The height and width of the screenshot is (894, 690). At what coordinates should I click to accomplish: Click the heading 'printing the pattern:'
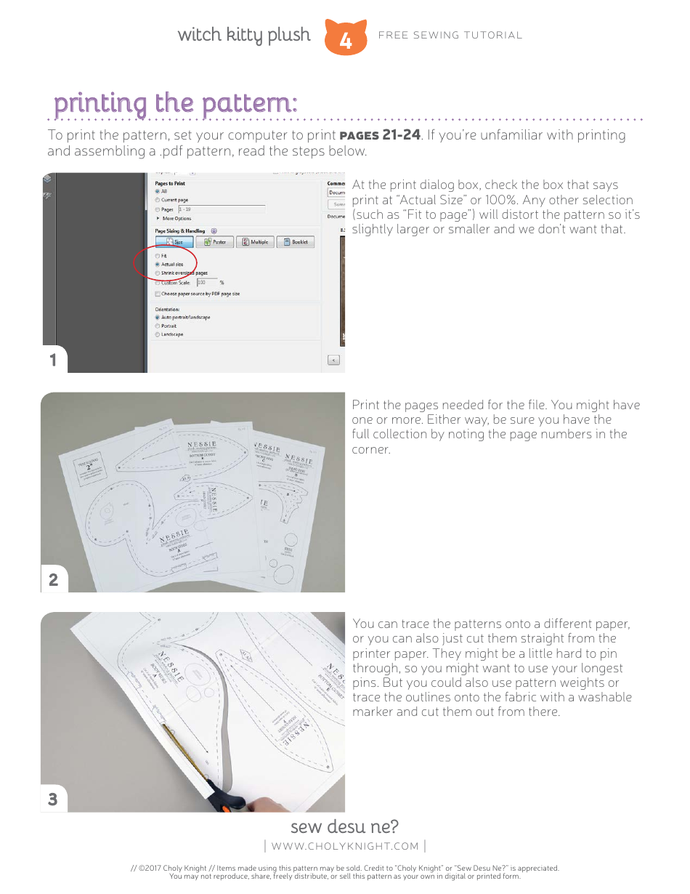(175, 103)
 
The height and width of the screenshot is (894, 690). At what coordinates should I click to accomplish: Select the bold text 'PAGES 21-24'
(380, 135)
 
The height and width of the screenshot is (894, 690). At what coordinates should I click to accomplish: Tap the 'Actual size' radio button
(158, 265)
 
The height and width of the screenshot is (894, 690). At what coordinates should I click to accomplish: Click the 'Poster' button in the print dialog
(214, 242)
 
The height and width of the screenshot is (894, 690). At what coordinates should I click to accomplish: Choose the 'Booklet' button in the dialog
(295, 242)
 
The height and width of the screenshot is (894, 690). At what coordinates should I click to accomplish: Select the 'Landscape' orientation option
(158, 334)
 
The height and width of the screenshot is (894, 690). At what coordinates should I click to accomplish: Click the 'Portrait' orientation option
(158, 326)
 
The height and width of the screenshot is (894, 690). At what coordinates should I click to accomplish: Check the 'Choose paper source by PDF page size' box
(158, 294)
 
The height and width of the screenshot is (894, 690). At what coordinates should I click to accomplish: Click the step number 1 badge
(53, 360)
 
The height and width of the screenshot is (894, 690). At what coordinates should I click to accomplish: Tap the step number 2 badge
(53, 579)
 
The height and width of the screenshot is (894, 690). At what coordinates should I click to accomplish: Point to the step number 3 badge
(53, 799)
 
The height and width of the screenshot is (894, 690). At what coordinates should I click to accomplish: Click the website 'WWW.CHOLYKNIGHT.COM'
(345, 845)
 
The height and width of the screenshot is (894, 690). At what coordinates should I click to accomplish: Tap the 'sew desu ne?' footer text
(344, 827)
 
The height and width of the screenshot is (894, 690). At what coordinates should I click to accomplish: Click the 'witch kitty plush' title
(243, 35)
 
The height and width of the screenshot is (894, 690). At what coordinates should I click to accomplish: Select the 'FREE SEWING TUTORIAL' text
(450, 35)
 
